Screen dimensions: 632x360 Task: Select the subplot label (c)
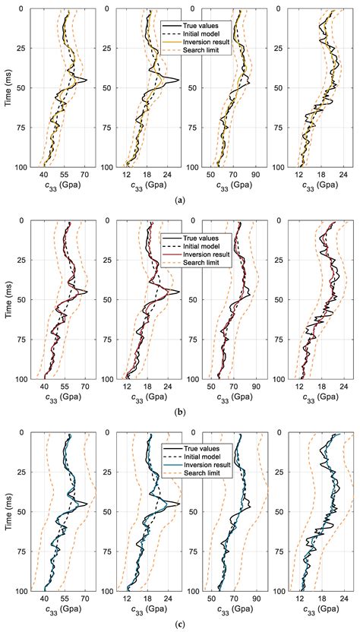(179, 624)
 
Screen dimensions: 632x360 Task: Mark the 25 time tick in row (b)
(21, 261)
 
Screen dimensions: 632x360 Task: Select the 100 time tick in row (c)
(19, 591)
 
